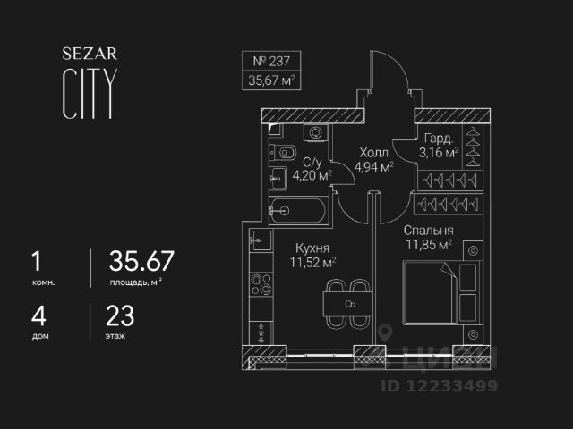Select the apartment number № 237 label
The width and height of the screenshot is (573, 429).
(272, 63)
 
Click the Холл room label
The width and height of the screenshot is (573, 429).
(373, 152)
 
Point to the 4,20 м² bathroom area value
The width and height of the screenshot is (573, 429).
(312, 175)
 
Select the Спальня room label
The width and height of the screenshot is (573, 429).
(426, 228)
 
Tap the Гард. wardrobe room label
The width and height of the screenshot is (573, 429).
(439, 139)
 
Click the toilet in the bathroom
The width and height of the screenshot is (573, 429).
(279, 150)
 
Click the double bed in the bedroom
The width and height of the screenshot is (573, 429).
(430, 291)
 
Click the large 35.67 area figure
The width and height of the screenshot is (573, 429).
(141, 262)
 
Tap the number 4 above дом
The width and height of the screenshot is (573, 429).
(36, 315)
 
